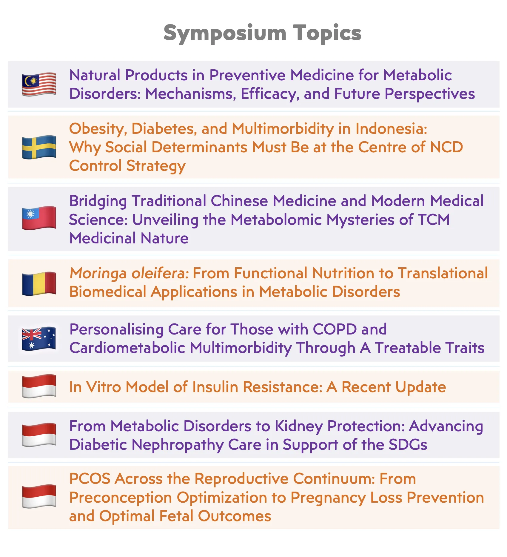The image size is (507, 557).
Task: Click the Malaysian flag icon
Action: pyautogui.click(x=39, y=85)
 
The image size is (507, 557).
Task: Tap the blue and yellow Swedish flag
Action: pyautogui.click(x=39, y=147)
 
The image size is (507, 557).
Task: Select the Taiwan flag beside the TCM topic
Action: pyautogui.click(x=39, y=218)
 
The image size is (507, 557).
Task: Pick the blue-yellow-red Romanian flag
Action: pyautogui.click(x=39, y=283)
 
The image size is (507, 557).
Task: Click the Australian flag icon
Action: pyautogui.click(x=39, y=339)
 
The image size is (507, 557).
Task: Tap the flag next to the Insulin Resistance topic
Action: pyautogui.click(x=39, y=386)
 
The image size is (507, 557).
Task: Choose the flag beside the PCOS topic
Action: pyautogui.click(x=39, y=496)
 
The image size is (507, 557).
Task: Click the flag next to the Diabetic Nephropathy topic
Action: pyautogui.click(x=39, y=435)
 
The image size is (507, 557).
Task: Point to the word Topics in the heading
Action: pyautogui.click(x=327, y=33)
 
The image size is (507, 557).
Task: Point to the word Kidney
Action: pyautogui.click(x=299, y=426)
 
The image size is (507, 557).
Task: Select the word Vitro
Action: pyautogui.click(x=104, y=387)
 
